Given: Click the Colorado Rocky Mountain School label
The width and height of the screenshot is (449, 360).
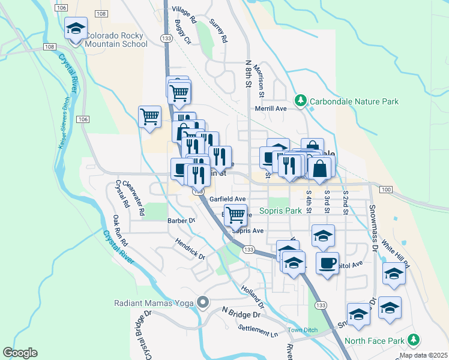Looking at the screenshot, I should click(x=116, y=40).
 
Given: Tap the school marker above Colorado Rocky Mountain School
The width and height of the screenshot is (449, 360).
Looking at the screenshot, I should click(x=76, y=30).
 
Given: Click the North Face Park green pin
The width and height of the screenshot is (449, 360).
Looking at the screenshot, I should click(x=413, y=341).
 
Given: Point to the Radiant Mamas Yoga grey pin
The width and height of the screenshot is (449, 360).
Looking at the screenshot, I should click(x=203, y=302).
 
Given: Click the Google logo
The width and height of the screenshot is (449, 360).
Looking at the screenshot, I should click(x=20, y=353).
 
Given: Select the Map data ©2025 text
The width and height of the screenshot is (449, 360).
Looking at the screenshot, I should click(x=424, y=355).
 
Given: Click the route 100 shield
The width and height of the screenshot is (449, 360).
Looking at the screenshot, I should click(x=387, y=190).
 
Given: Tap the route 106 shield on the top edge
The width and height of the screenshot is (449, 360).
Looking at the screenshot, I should click(x=61, y=7).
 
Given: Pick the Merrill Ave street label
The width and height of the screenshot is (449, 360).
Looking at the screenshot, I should click(x=271, y=108).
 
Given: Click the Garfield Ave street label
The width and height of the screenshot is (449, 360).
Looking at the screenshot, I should click(x=228, y=199).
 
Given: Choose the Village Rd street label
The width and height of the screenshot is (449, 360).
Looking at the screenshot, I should click(x=184, y=14).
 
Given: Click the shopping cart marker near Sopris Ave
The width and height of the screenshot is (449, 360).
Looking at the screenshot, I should click(x=237, y=214).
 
